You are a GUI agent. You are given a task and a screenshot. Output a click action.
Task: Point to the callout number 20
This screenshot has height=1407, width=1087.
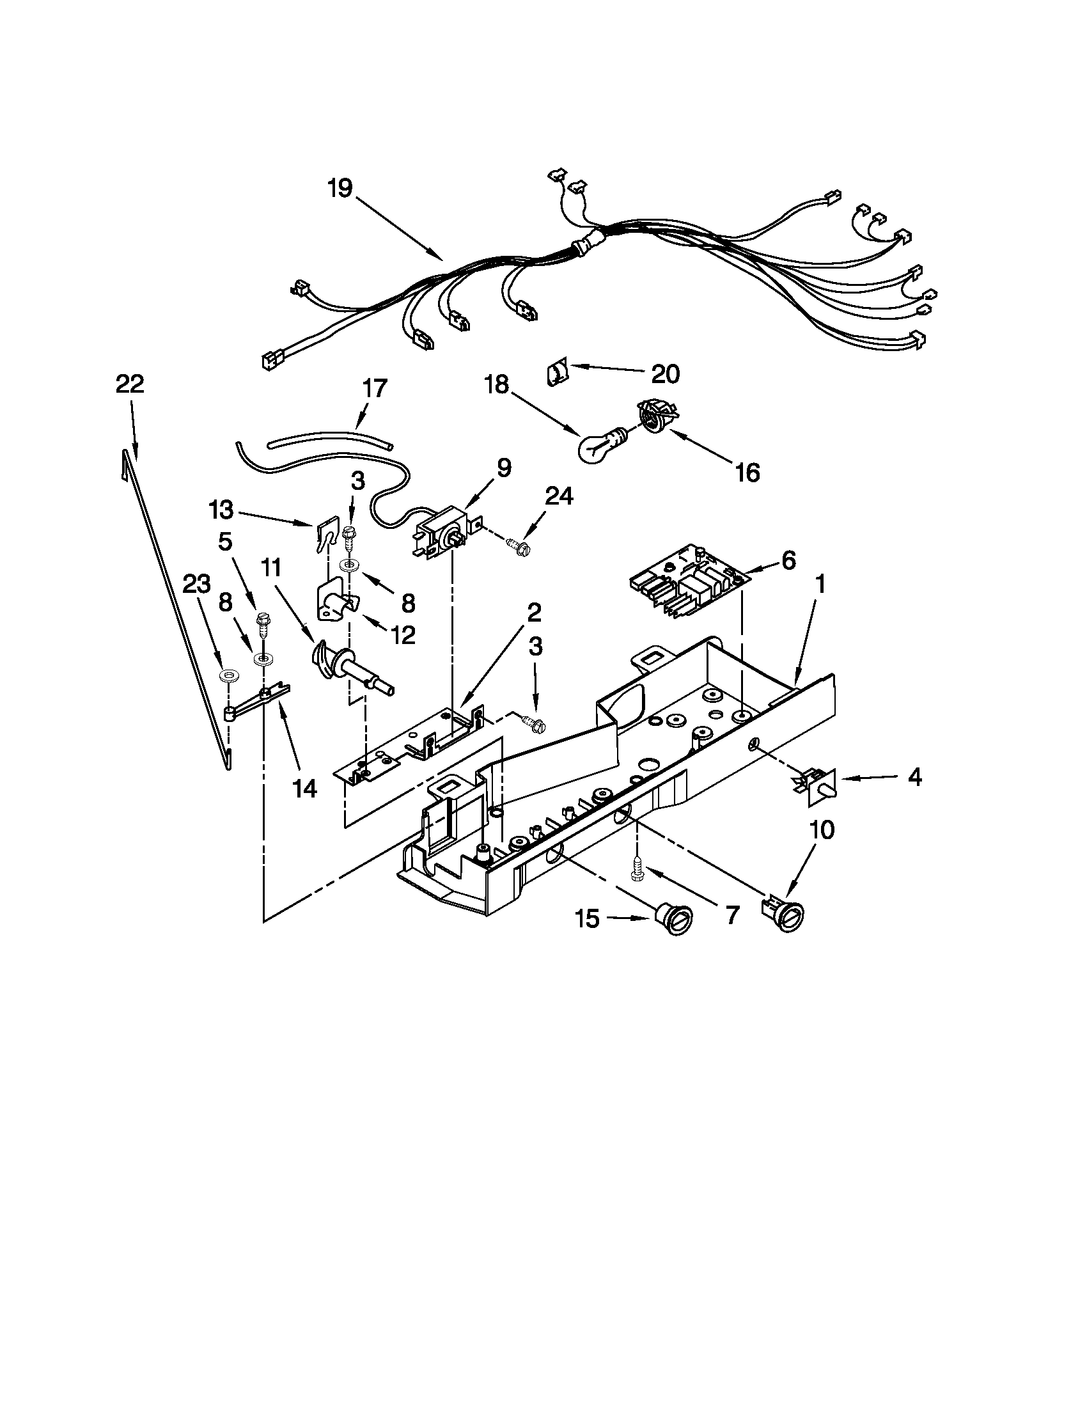click(x=666, y=373)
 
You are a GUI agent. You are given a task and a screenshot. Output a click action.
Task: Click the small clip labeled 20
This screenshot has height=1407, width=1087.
click(x=558, y=373)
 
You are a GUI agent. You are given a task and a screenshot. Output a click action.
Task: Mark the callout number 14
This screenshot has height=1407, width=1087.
click(x=305, y=787)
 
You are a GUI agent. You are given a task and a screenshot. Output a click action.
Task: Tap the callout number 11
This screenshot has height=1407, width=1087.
click(x=271, y=567)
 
